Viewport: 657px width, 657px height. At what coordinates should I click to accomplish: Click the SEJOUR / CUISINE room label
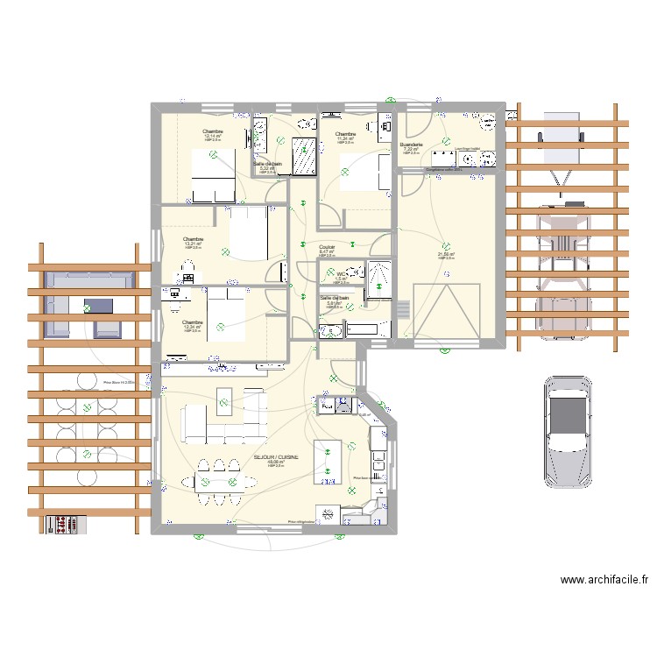(275, 457)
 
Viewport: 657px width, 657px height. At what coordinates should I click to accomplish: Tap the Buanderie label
(412, 145)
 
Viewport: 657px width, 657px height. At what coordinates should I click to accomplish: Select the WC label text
(341, 274)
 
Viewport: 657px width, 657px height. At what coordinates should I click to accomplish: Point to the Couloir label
(328, 247)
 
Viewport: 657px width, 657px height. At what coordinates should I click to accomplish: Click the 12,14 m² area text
(213, 136)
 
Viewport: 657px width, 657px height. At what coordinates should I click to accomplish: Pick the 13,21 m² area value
(193, 244)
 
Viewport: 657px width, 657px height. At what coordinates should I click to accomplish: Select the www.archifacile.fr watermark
(604, 579)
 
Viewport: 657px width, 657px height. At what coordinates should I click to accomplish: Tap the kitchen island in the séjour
(328, 460)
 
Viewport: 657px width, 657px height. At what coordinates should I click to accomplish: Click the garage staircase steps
(403, 309)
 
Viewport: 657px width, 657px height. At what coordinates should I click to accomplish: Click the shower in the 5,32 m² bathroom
(305, 156)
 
